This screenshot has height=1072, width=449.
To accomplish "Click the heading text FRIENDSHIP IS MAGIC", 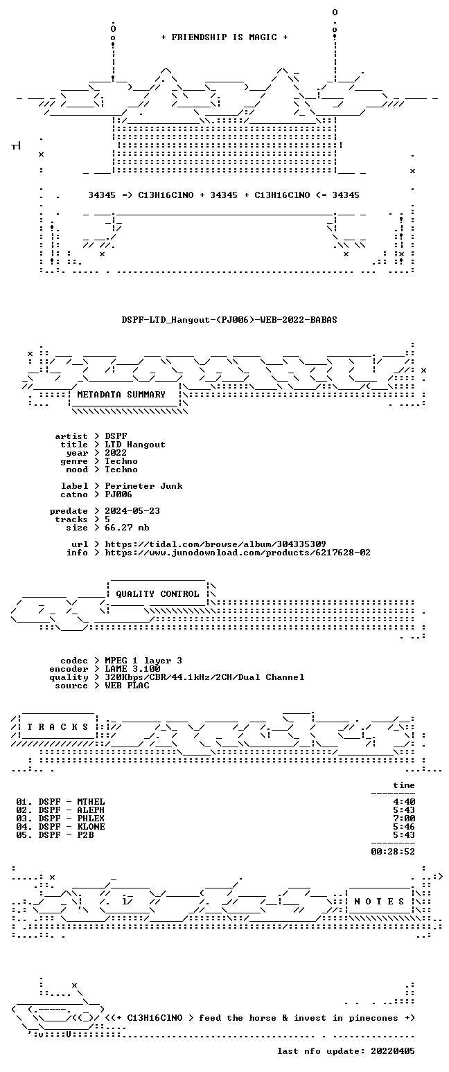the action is point(224,37).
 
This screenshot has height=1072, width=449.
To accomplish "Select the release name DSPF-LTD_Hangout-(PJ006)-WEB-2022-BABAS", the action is point(229,320).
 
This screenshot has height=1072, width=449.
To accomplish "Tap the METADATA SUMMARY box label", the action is point(121,395).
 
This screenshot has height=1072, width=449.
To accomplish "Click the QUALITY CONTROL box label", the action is point(157,594).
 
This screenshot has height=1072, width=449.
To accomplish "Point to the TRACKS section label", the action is point(58,727).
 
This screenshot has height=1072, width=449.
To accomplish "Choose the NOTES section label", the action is point(379,902).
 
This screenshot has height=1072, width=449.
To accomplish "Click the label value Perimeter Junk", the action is point(143,486).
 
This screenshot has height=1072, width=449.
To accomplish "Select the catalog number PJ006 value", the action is point(118,494).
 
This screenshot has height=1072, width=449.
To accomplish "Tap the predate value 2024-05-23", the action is point(132,511).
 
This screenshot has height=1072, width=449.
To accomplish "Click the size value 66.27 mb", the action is point(127,528).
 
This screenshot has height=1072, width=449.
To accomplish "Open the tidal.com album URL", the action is point(215,544).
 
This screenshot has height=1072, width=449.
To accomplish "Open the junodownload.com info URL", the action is point(238,553).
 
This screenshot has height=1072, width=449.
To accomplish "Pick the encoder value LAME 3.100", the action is point(132,669).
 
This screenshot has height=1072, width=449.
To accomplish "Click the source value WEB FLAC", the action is point(127,686).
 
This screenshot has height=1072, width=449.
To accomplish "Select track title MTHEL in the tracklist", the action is point(91,802).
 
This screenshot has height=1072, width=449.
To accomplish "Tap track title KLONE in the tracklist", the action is point(91,826).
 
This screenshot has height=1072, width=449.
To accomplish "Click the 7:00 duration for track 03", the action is point(404,819).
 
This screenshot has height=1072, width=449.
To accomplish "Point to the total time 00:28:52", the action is point(393,851).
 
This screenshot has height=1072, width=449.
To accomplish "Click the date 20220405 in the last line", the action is point(393,1051).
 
